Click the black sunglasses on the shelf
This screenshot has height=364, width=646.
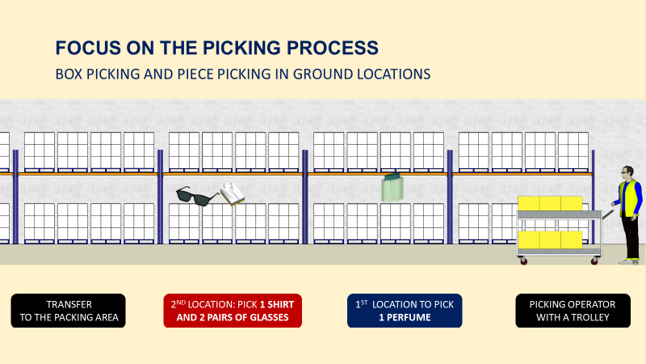197,195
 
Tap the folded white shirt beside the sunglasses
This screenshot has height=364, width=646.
233,193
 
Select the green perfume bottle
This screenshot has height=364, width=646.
392,188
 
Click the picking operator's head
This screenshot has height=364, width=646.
627,172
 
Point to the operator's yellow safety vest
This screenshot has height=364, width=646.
629,198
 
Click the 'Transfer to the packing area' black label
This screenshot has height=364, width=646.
69,311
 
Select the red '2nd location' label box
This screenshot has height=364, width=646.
232,311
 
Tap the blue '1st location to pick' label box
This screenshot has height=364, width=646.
405,311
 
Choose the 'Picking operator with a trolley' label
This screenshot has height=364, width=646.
573,311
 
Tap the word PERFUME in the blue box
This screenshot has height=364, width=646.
414,318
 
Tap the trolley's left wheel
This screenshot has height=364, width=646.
523,260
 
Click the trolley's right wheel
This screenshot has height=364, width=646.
595,260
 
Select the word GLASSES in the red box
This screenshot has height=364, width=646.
262,318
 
